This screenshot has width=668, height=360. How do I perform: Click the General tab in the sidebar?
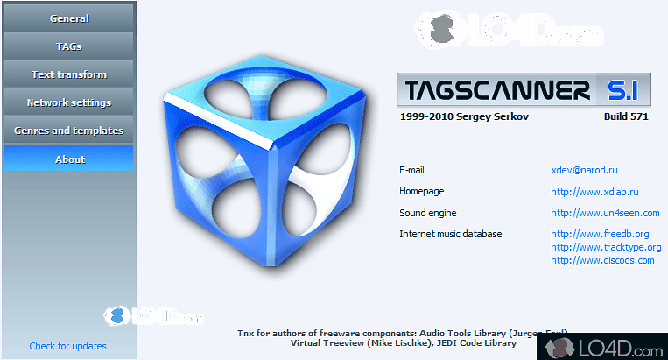tap(69, 18)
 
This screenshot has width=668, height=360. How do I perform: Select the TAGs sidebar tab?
tap(69, 46)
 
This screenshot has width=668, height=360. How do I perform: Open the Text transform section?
tap(69, 74)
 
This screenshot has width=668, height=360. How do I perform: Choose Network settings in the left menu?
tap(69, 102)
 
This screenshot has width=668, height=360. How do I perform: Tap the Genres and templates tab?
tap(69, 131)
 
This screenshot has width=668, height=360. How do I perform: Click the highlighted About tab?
tap(69, 159)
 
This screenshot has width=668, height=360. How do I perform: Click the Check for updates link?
tap(67, 346)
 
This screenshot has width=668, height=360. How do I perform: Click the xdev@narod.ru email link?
tap(584, 170)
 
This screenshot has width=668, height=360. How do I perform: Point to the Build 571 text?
tap(625, 116)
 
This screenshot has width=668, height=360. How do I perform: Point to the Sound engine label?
tap(427, 212)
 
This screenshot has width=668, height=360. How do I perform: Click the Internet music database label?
tap(450, 234)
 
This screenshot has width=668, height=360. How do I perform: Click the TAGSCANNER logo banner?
tap(522, 89)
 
